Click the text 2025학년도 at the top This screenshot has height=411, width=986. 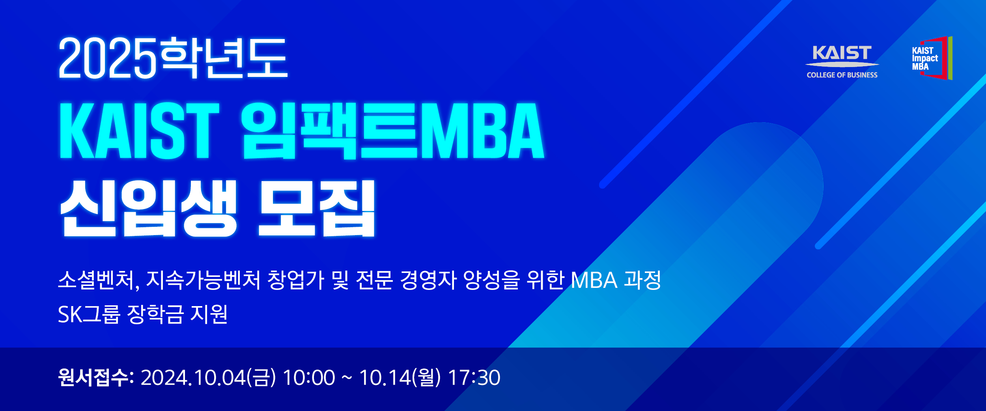pos(173,58)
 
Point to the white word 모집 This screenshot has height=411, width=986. pos(316,208)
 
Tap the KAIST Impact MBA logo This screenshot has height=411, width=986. pos(932,58)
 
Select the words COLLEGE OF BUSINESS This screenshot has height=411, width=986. pos(842,75)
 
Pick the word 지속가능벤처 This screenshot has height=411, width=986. pos(204,280)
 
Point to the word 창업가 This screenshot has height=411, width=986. pos(296,280)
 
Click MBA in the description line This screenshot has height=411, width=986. pos(594,280)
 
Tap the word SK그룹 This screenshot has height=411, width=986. pos(89,314)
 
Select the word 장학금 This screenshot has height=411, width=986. pos(155,314)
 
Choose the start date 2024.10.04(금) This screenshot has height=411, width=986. pos(208,377)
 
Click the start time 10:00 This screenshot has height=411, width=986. pos(309,377)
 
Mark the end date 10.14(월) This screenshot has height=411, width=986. pos(400,377)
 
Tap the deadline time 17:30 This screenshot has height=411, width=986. pos(474,377)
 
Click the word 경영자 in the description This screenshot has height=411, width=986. pos(428,280)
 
